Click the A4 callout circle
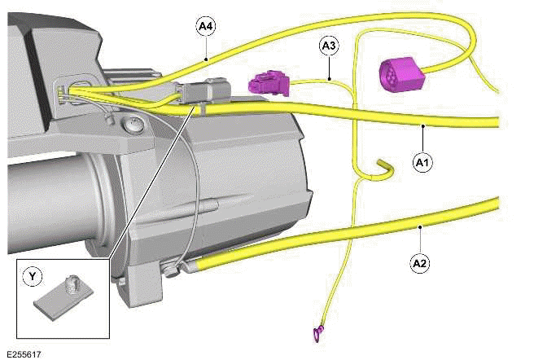[x=207, y=26]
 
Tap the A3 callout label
[x=329, y=46]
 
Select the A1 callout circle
[x=422, y=163]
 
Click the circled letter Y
[x=33, y=277]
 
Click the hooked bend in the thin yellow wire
[x=385, y=166]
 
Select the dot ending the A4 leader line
[x=207, y=58]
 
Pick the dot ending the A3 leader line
[x=329, y=78]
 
